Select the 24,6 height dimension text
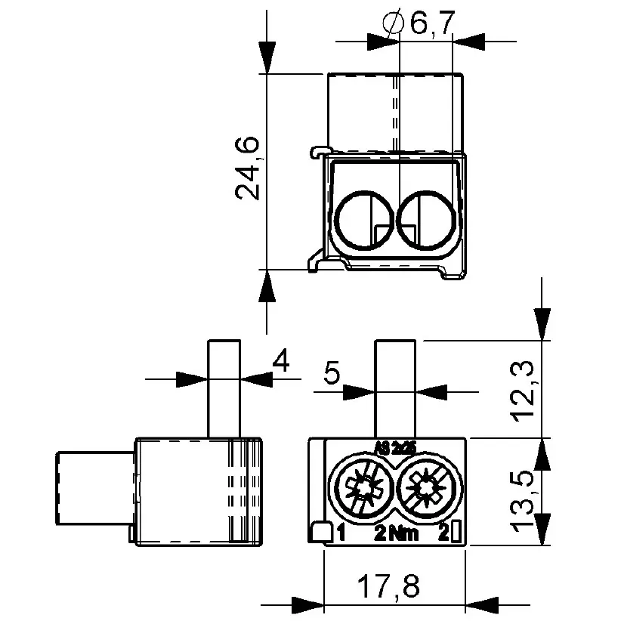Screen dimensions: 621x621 pyautogui.click(x=248, y=167)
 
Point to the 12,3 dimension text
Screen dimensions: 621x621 pyautogui.click(x=524, y=389)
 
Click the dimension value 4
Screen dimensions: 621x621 pyautogui.click(x=280, y=363)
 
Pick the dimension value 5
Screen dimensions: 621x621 pyautogui.click(x=331, y=373)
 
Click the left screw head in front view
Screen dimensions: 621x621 pyautogui.click(x=363, y=489)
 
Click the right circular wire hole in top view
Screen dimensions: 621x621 pyautogui.click(x=426, y=218)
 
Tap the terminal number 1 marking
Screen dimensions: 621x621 pyautogui.click(x=341, y=533)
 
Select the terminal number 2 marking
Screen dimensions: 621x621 pyautogui.click(x=444, y=533)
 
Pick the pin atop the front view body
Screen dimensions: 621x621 pyautogui.click(x=396, y=388)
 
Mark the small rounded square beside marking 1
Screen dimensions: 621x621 pyautogui.click(x=322, y=533)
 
